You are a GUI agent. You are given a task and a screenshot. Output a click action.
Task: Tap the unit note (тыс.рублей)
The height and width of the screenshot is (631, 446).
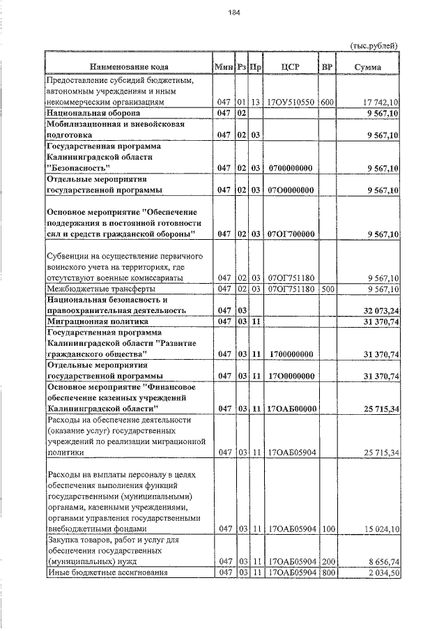(374, 45)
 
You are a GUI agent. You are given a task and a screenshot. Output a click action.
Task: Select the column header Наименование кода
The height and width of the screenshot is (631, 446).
(128, 67)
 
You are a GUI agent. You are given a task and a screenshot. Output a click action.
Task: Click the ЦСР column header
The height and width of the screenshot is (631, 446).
(291, 67)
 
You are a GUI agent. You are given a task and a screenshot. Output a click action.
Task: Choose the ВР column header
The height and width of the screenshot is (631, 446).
(326, 67)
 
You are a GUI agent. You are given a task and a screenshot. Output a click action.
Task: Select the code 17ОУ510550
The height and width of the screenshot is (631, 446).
(291, 102)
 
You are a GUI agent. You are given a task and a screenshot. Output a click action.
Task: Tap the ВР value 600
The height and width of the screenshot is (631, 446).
(328, 102)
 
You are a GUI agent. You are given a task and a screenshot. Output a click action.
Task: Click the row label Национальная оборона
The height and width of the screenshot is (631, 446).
(93, 112)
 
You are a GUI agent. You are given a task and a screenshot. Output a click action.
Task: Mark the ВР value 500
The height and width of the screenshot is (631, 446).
(328, 289)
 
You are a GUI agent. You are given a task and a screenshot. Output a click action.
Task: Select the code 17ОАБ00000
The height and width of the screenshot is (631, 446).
(291, 408)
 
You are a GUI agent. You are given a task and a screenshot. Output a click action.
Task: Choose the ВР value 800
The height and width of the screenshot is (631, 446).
(328, 572)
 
